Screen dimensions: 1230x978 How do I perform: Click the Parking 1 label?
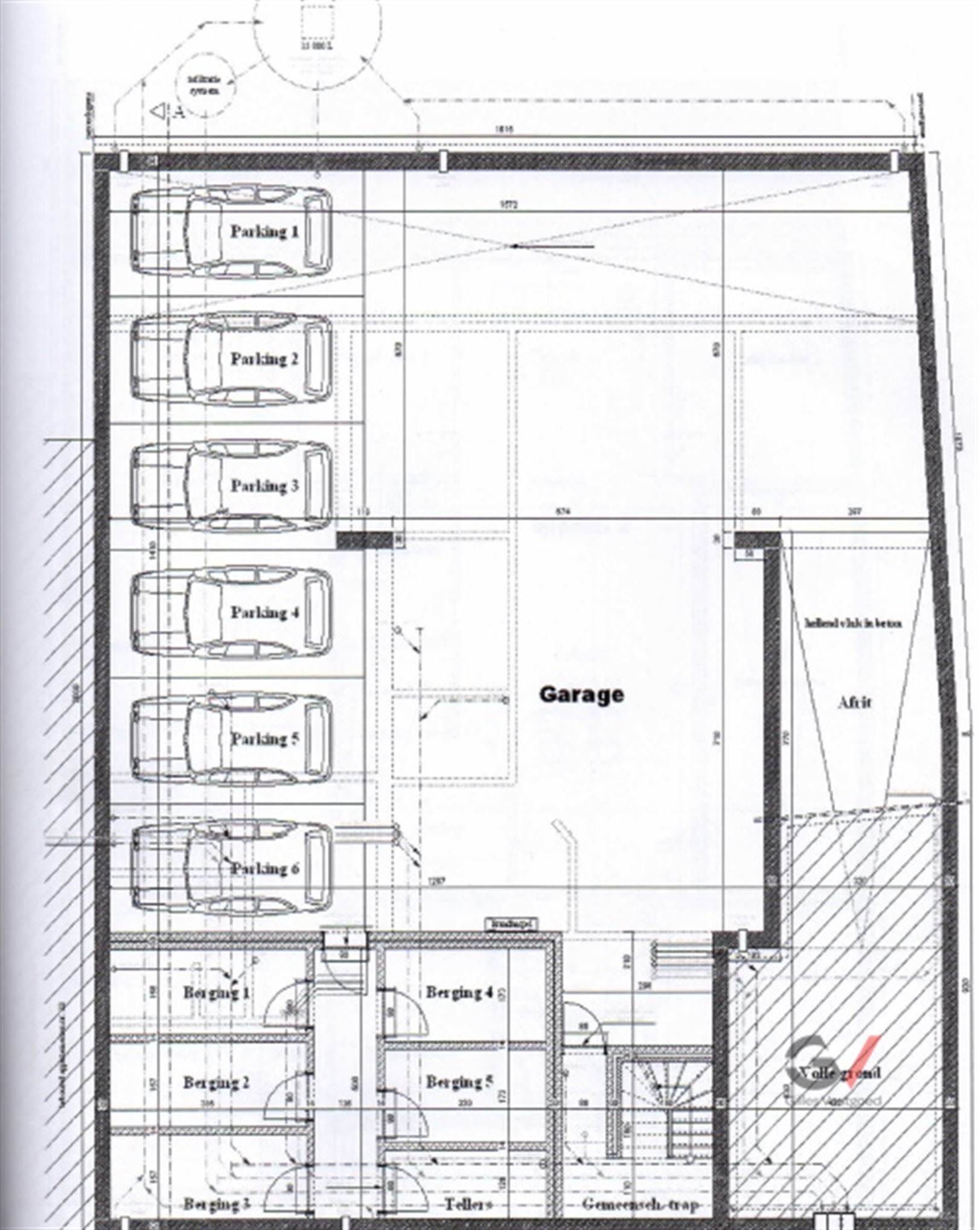pyautogui.click(x=264, y=231)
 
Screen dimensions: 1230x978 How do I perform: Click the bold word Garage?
pyautogui.click(x=581, y=694)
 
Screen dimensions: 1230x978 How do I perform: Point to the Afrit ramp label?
pyautogui.click(x=854, y=702)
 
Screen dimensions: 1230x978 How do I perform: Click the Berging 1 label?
pyautogui.click(x=216, y=992)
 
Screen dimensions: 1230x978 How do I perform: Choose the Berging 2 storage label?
pyautogui.click(x=216, y=1082)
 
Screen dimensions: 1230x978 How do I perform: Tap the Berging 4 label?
pyautogui.click(x=459, y=992)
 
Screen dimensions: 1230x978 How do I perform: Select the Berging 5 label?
pyautogui.click(x=459, y=1081)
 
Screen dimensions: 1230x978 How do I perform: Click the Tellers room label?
pyautogui.click(x=468, y=1204)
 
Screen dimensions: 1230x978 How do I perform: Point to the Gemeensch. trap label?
pyautogui.click(x=640, y=1204)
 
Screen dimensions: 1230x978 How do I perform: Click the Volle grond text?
pyautogui.click(x=839, y=1073)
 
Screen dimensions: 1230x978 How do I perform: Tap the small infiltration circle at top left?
pyautogui.click(x=203, y=85)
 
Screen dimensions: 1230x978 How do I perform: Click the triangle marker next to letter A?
pyautogui.click(x=159, y=111)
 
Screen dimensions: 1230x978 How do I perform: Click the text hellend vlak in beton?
pyautogui.click(x=853, y=623)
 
